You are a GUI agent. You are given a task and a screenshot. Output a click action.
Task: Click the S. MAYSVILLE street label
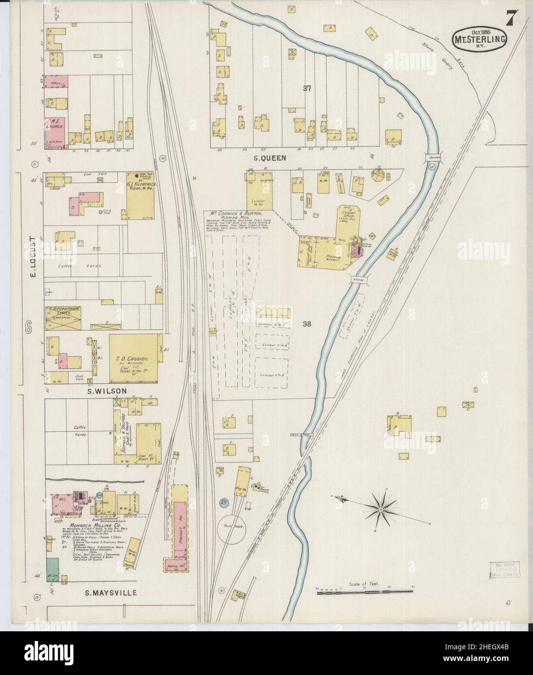(111, 593)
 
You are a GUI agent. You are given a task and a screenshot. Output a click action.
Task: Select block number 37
(306, 88)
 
